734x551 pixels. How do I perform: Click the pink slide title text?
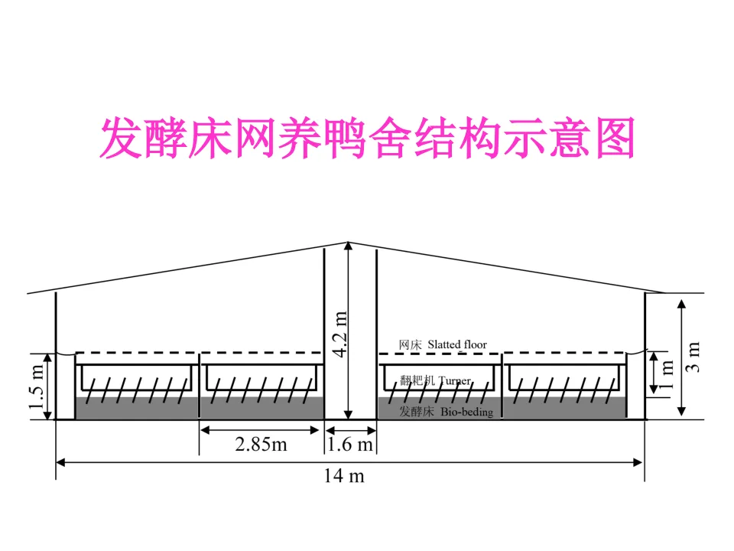coord(367,138)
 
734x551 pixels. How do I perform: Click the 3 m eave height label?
coord(693,357)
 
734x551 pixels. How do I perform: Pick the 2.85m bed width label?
coord(260,445)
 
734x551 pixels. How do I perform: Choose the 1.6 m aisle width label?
coord(351,445)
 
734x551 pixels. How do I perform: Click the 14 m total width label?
coord(343,476)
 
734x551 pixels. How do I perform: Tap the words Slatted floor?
coord(457,344)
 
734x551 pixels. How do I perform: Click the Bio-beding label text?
coord(466,412)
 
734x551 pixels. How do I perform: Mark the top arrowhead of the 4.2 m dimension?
coord(349,246)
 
